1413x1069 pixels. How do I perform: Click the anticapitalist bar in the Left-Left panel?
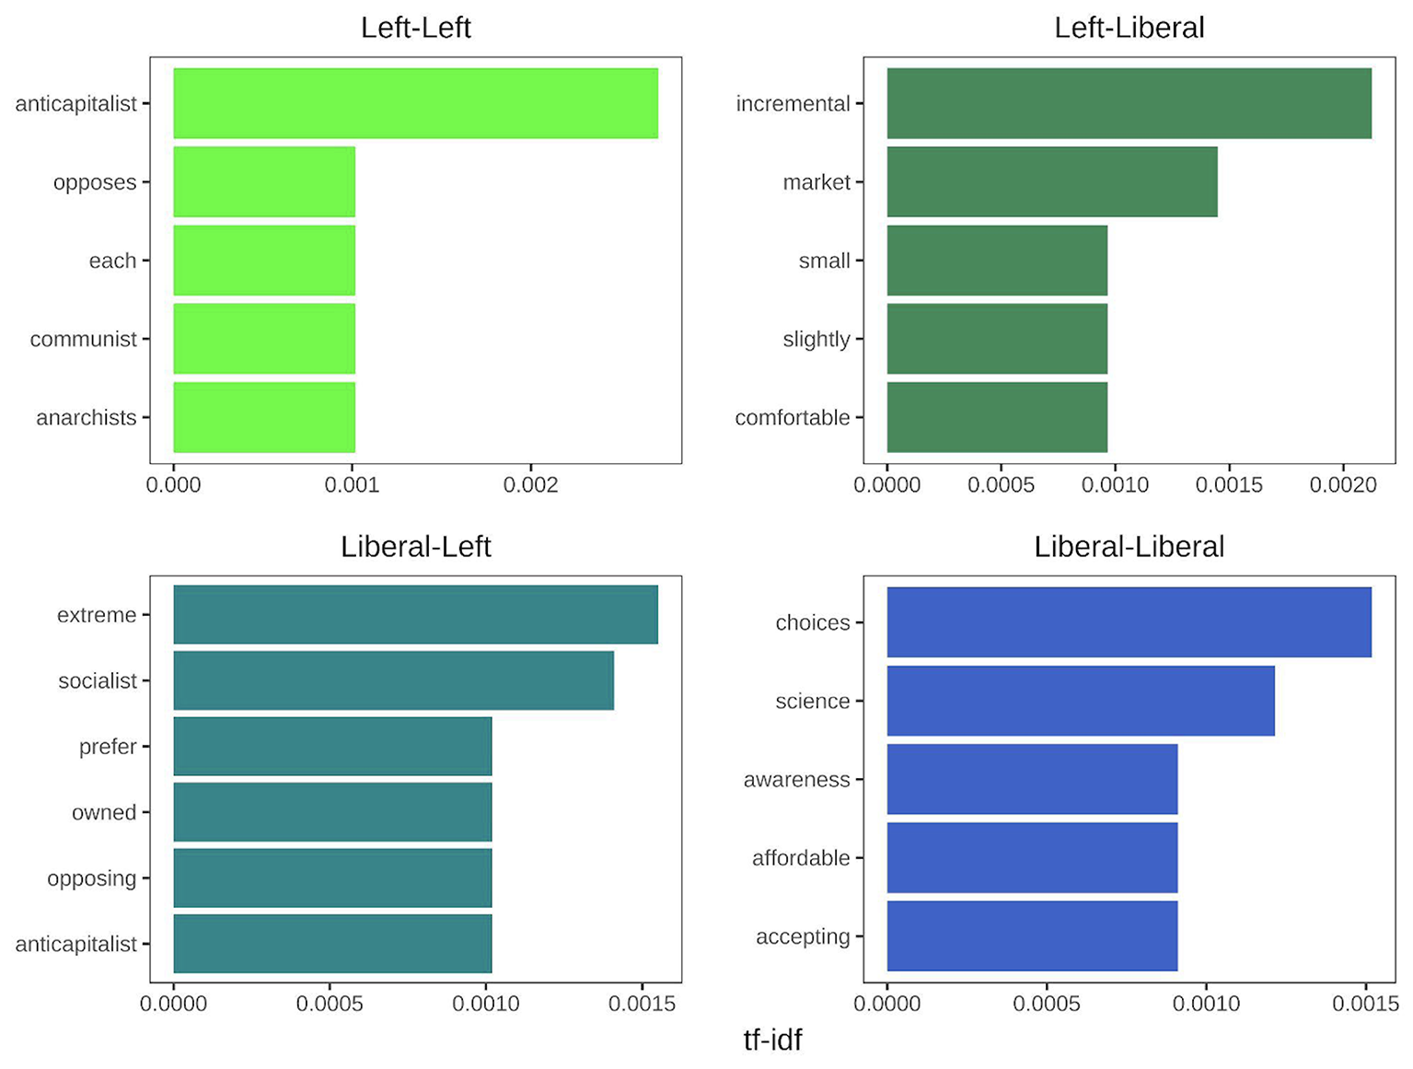coord(416,103)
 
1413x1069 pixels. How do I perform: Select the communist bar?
coord(264,339)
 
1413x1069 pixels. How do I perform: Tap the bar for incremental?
coord(1129,103)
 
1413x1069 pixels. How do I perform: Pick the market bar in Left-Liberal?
coord(1052,181)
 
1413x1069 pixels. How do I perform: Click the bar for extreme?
coord(416,615)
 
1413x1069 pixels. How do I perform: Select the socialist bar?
coord(394,680)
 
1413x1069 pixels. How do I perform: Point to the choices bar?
coord(1129,622)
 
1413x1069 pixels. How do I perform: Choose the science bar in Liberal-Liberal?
coord(1081,701)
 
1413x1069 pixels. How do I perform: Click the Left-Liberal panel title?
coord(1129,28)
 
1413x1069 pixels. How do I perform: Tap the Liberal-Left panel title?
coord(416,547)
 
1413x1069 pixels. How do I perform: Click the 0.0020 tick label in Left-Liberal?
coord(1343,484)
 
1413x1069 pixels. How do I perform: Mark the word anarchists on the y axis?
coord(87,418)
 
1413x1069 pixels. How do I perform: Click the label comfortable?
coord(793,418)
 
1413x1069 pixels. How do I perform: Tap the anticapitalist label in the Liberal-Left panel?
coord(76,944)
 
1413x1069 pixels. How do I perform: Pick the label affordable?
coord(801,858)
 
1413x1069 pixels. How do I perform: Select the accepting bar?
coord(1033,935)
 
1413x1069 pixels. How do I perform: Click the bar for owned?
coord(333,812)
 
